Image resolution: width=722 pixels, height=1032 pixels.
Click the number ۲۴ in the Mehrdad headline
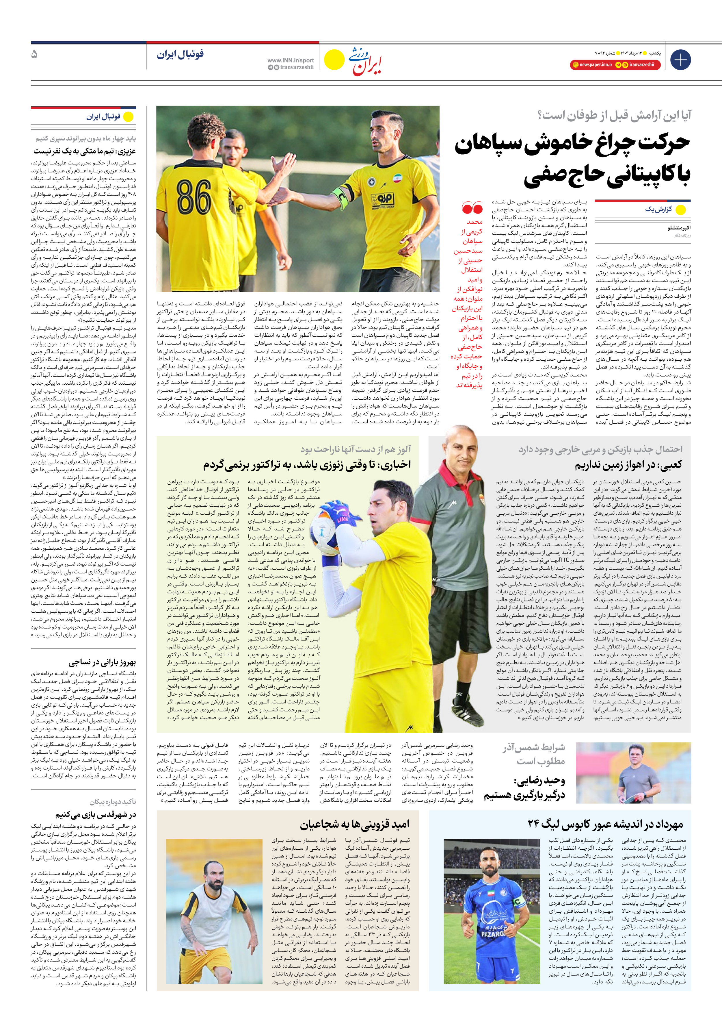pos(533,824)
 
